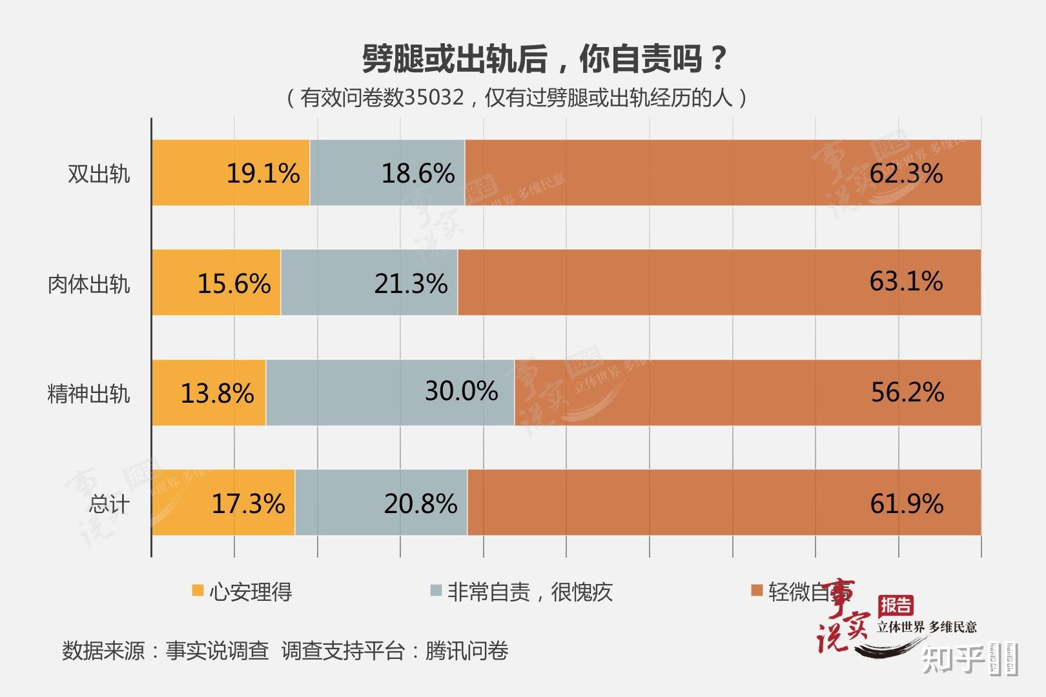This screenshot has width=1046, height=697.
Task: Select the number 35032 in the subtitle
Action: coord(434,97)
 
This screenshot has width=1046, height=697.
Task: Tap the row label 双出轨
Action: coord(99,174)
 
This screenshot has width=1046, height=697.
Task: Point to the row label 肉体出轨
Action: coord(88,284)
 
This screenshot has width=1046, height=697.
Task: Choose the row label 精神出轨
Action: coord(88,394)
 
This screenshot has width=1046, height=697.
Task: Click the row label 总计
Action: coord(109,504)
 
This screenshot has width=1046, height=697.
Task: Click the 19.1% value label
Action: coord(263,174)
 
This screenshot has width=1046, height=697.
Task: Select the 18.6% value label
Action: coord(418,174)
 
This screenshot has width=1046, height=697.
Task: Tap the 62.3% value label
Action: coord(906,174)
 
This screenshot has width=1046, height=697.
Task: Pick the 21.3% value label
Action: coord(411,284)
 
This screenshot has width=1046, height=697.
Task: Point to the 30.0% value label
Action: coord(461,391)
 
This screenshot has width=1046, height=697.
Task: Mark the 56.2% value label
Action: coord(907,392)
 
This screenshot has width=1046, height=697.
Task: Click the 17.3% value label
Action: coord(248,504)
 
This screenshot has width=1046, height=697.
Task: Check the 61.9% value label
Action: coord(907,504)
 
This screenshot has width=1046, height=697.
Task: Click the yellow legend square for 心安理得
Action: coord(198,591)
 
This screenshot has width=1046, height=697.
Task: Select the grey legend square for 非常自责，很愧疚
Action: coord(436,591)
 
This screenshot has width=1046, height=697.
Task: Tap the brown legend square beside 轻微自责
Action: coord(757,591)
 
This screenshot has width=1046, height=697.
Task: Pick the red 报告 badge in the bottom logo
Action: coord(896,605)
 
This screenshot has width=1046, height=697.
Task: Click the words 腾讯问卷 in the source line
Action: coord(466,651)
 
